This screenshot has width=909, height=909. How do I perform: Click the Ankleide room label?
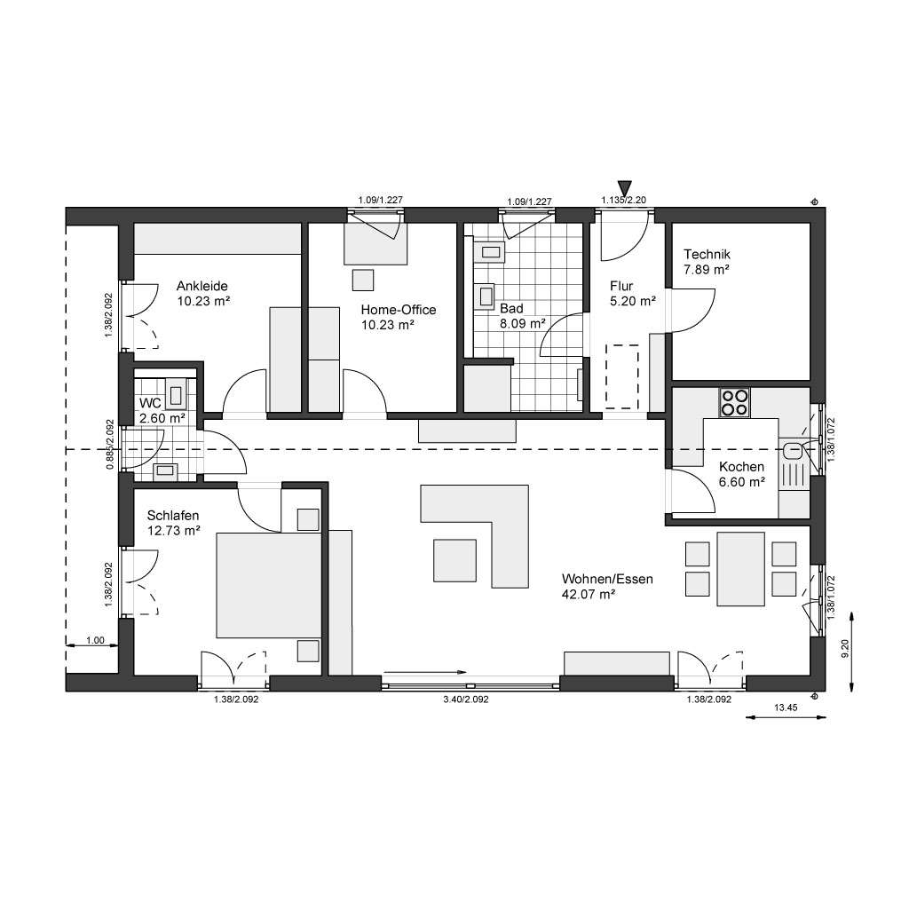[x=202, y=286]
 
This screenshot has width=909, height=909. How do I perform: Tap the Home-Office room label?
[x=398, y=310]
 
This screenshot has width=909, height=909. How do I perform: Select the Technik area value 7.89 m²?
[x=706, y=269]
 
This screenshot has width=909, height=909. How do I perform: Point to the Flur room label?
[x=620, y=286]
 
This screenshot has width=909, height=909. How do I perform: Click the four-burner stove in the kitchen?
[x=734, y=402]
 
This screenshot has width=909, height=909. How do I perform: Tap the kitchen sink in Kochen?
[x=793, y=449]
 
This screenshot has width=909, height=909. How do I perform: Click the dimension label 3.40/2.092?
[x=466, y=700]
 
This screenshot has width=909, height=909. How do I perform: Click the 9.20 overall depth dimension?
[x=845, y=648]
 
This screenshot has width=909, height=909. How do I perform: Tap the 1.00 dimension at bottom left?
[x=94, y=640]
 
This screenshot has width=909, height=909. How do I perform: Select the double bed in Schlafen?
[x=268, y=585]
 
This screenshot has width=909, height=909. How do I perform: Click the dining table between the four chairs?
[x=741, y=567]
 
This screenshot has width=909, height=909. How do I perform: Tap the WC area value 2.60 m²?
[x=162, y=418]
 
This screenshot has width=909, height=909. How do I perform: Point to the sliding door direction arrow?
[x=426, y=673]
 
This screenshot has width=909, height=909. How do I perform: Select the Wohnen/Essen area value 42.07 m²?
[x=589, y=595]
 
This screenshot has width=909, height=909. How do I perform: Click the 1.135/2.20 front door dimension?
[x=624, y=202]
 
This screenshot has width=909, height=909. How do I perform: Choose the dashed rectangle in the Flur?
[x=621, y=376]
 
